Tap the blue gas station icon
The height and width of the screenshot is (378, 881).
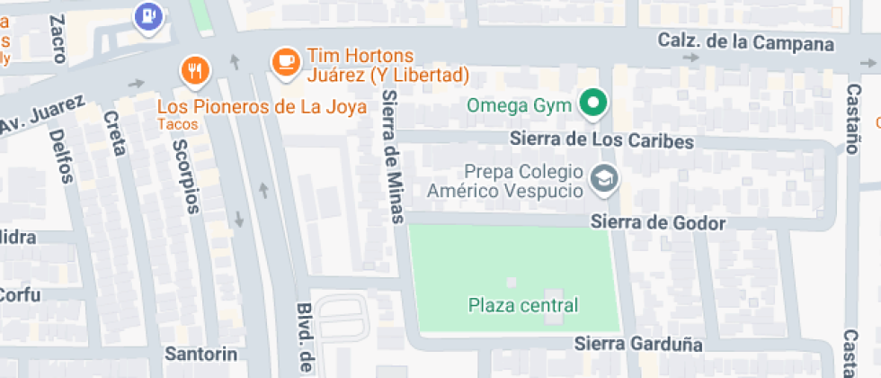click(x=147, y=15)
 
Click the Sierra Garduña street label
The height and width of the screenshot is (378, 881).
click(x=638, y=344)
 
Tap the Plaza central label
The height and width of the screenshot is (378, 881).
click(x=523, y=305)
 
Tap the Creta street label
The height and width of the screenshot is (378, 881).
click(x=114, y=132)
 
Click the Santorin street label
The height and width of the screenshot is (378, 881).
click(x=200, y=352)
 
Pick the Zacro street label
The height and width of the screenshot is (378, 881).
click(x=58, y=39)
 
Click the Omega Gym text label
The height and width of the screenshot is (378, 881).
click(x=520, y=105)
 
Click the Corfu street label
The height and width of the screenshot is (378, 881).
click(x=20, y=294)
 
